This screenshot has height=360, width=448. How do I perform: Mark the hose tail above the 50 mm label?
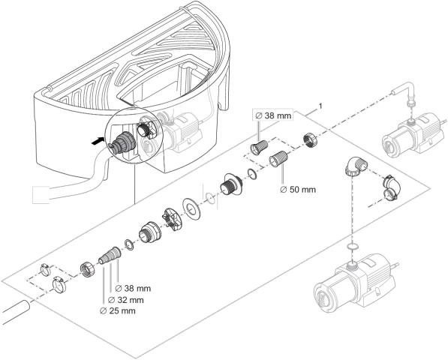click(281, 159)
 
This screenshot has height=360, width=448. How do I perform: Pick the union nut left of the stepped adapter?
click(86, 266)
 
